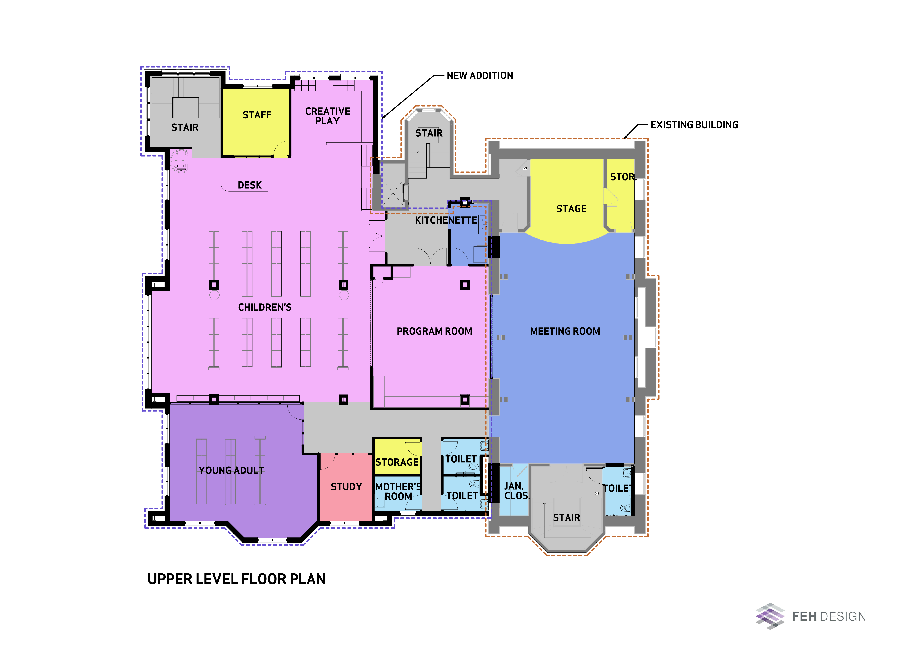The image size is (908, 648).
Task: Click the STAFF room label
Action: pyautogui.click(x=257, y=115)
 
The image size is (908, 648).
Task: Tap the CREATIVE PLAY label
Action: pyautogui.click(x=327, y=116)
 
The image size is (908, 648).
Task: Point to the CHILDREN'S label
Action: pyautogui.click(x=265, y=307)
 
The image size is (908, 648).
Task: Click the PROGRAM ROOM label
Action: pyautogui.click(x=434, y=331)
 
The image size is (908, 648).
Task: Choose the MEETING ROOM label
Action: pyautogui.click(x=565, y=331)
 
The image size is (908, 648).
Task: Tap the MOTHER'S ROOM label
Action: pyautogui.click(x=398, y=492)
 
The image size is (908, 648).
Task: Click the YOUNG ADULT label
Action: pyautogui.click(x=231, y=471)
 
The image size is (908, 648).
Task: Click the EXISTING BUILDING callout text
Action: pyautogui.click(x=694, y=125)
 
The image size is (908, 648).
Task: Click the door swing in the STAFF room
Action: pyautogui.click(x=281, y=149)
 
